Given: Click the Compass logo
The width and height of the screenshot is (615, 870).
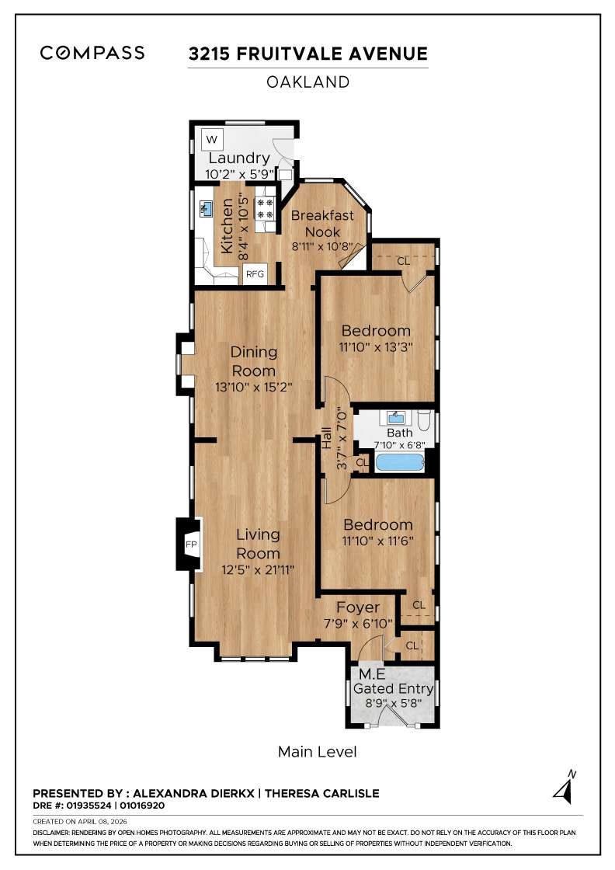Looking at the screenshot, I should (92, 53).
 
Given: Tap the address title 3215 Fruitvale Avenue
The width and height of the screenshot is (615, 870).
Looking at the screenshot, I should (307, 54).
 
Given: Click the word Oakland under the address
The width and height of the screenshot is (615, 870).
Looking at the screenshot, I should (307, 82).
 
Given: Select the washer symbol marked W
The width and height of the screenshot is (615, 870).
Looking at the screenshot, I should (212, 141).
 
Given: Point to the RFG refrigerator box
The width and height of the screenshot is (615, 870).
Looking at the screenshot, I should (255, 274).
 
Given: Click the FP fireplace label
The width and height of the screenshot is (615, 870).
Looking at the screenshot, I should (191, 545).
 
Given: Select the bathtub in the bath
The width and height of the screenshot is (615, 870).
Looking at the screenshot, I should (400, 464).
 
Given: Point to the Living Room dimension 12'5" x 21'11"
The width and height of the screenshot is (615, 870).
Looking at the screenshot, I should (258, 569).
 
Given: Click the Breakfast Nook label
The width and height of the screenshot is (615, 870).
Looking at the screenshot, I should (322, 224).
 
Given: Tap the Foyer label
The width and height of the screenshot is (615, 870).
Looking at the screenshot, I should (358, 607).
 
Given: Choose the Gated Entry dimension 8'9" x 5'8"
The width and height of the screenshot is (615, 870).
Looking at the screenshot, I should (394, 704).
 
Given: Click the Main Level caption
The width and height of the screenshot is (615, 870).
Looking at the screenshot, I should (317, 752).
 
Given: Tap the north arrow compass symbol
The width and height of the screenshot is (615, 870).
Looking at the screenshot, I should (564, 788).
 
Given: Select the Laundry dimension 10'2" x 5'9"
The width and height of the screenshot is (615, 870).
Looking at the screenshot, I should (238, 174).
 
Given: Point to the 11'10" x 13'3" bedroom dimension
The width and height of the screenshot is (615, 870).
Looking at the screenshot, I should (376, 347).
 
